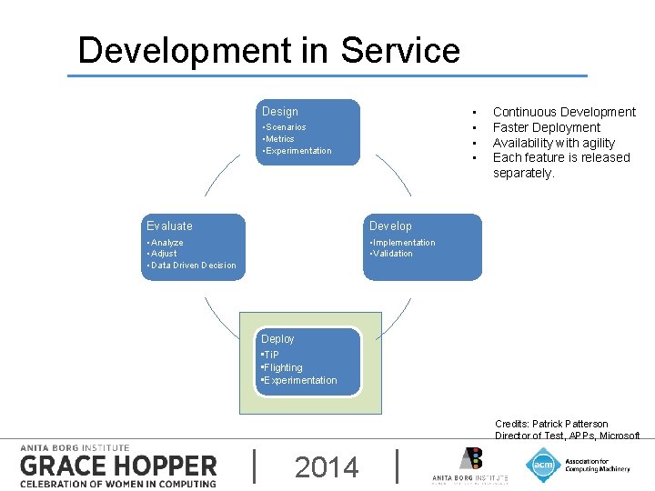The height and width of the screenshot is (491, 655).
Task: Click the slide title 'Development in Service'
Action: pos(269,50)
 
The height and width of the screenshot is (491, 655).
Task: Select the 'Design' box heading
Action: pos(280,112)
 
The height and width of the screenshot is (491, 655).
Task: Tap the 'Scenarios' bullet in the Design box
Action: pos(285,127)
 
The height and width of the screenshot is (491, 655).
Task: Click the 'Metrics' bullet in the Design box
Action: pos(279,139)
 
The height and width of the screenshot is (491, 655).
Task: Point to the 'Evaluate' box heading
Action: pos(170,225)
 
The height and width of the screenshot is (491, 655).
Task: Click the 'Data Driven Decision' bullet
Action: pos(192,266)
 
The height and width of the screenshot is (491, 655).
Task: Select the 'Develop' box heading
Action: pos(390,225)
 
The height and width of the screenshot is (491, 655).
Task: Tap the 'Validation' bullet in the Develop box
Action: pos(391,254)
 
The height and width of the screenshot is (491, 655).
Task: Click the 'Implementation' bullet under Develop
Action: pos(402,243)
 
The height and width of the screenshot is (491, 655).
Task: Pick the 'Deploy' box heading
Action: pos(278,339)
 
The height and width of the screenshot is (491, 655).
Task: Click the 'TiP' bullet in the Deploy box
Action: pos(270,355)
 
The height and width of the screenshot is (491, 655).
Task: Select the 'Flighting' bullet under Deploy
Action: pos(282,367)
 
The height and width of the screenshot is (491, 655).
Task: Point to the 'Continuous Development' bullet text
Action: pos(564,112)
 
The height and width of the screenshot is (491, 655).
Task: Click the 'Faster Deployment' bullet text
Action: pos(546,127)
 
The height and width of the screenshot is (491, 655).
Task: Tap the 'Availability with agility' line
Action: pos(553,143)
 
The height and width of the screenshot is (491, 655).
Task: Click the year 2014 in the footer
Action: pos(327,467)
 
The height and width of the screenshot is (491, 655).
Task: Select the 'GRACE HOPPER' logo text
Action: pos(118,466)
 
